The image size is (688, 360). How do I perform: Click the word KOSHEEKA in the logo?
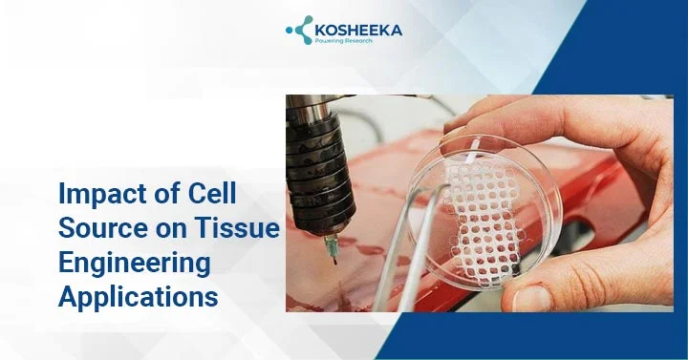(x=358, y=31)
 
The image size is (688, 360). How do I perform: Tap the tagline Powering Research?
(x=344, y=41)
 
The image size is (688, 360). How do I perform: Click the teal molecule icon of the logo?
(x=299, y=30)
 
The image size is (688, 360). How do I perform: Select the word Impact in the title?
(x=100, y=194)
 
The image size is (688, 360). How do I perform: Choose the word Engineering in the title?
(x=135, y=264)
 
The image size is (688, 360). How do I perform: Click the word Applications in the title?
(x=139, y=297)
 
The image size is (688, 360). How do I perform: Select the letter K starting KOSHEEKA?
(x=320, y=31)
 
